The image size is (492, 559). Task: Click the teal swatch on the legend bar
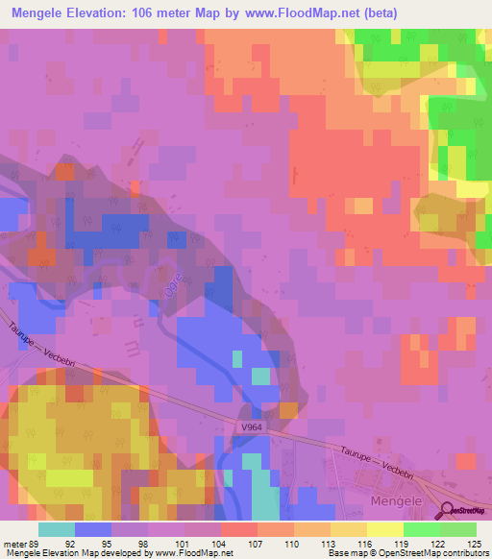(x=57, y=529)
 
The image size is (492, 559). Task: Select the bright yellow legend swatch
(x=385, y=529)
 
